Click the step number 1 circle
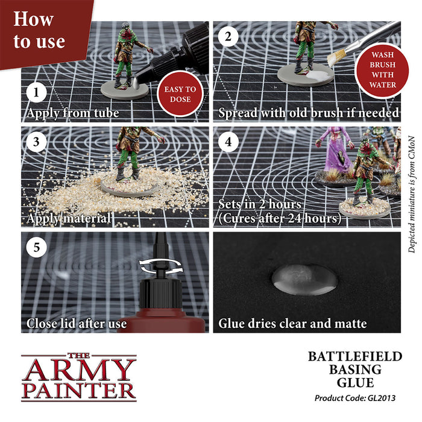(x=37, y=94)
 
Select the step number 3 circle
(x=37, y=143)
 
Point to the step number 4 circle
(x=227, y=143)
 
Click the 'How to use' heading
(x=39, y=30)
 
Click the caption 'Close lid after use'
(x=77, y=324)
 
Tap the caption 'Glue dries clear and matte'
(x=292, y=324)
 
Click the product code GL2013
(x=358, y=398)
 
